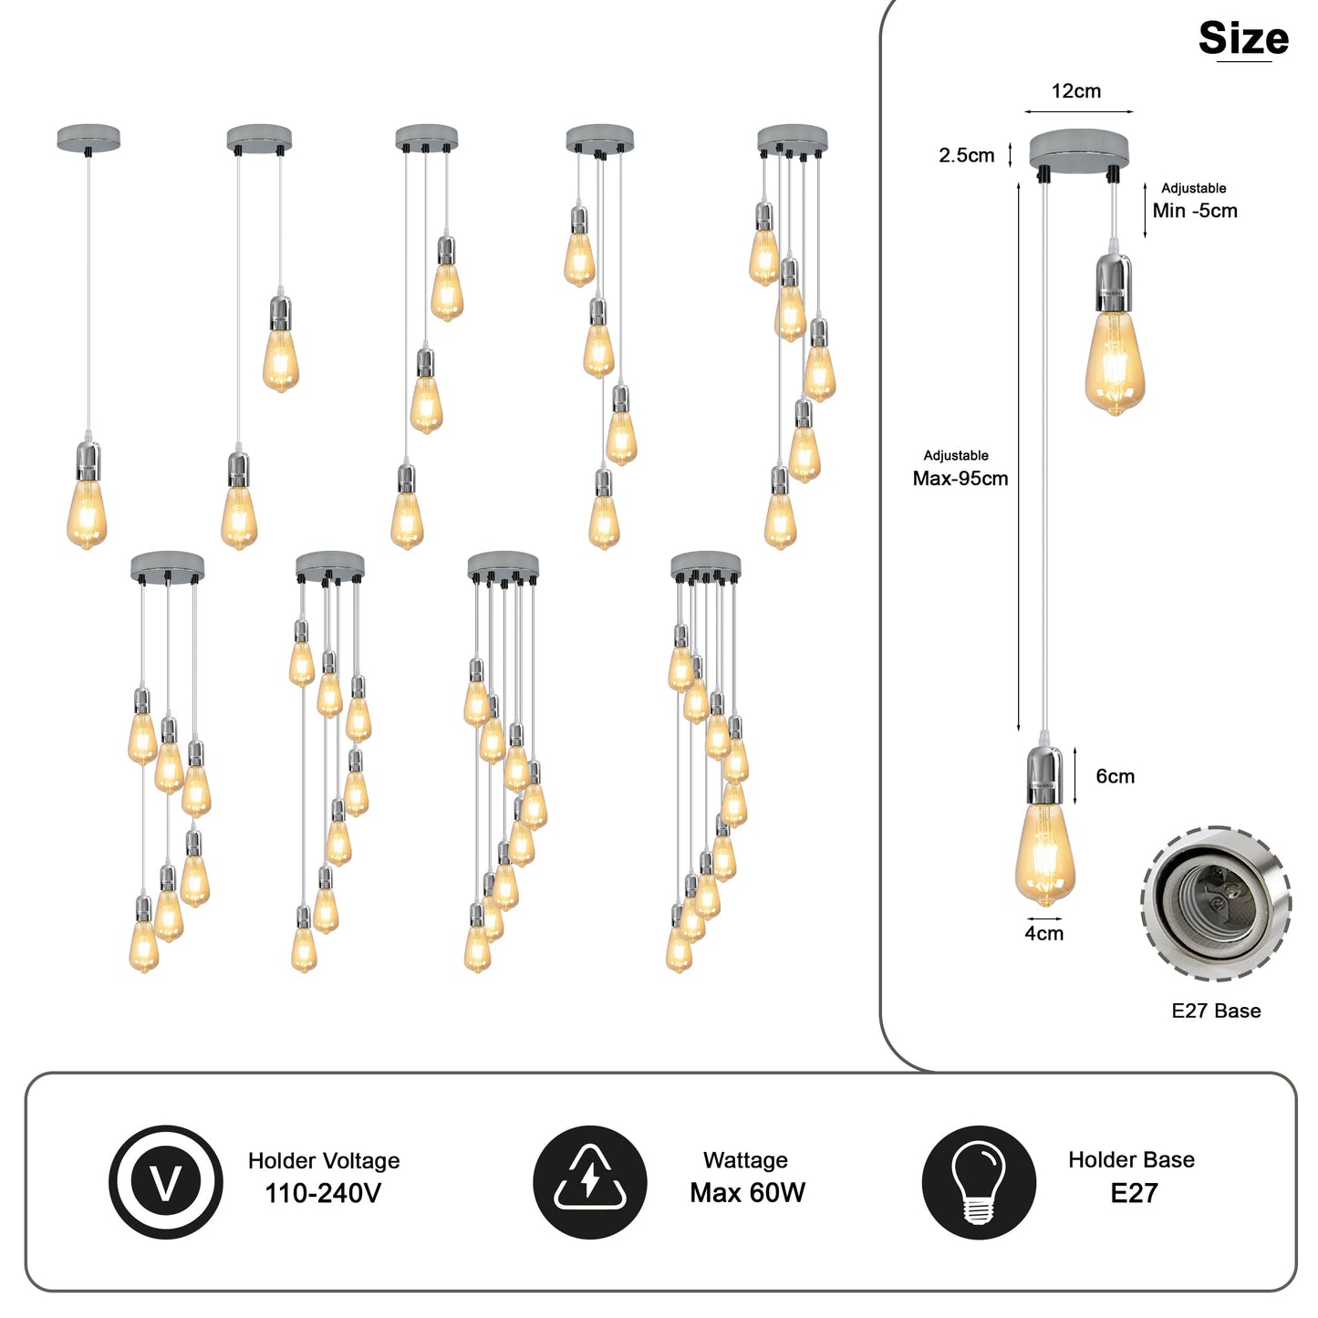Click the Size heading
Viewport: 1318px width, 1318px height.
click(x=1243, y=38)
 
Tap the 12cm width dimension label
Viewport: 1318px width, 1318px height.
click(x=1076, y=91)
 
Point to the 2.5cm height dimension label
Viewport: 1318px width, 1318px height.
click(x=966, y=155)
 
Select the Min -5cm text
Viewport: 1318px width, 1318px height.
click(x=1195, y=211)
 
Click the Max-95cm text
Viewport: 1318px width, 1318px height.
click(x=960, y=479)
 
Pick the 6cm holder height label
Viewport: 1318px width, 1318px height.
click(x=1115, y=776)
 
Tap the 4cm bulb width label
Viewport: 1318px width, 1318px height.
click(x=1043, y=933)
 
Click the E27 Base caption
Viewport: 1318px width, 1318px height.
click(x=1216, y=1011)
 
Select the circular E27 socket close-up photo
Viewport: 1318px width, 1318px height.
click(x=1216, y=904)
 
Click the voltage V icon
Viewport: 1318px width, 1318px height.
click(x=166, y=1182)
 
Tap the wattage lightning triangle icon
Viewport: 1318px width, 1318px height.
click(x=590, y=1182)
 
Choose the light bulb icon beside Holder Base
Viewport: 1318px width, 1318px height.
click(x=979, y=1182)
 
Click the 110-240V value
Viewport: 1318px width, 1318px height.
click(x=323, y=1193)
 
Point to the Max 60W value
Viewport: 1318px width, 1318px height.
click(x=747, y=1193)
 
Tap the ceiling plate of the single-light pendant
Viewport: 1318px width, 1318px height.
click(x=88, y=138)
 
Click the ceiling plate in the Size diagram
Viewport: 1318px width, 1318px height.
click(x=1079, y=149)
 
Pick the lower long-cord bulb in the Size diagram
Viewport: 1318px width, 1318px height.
click(x=1044, y=853)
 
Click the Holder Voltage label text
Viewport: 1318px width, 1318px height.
click(x=324, y=1160)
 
